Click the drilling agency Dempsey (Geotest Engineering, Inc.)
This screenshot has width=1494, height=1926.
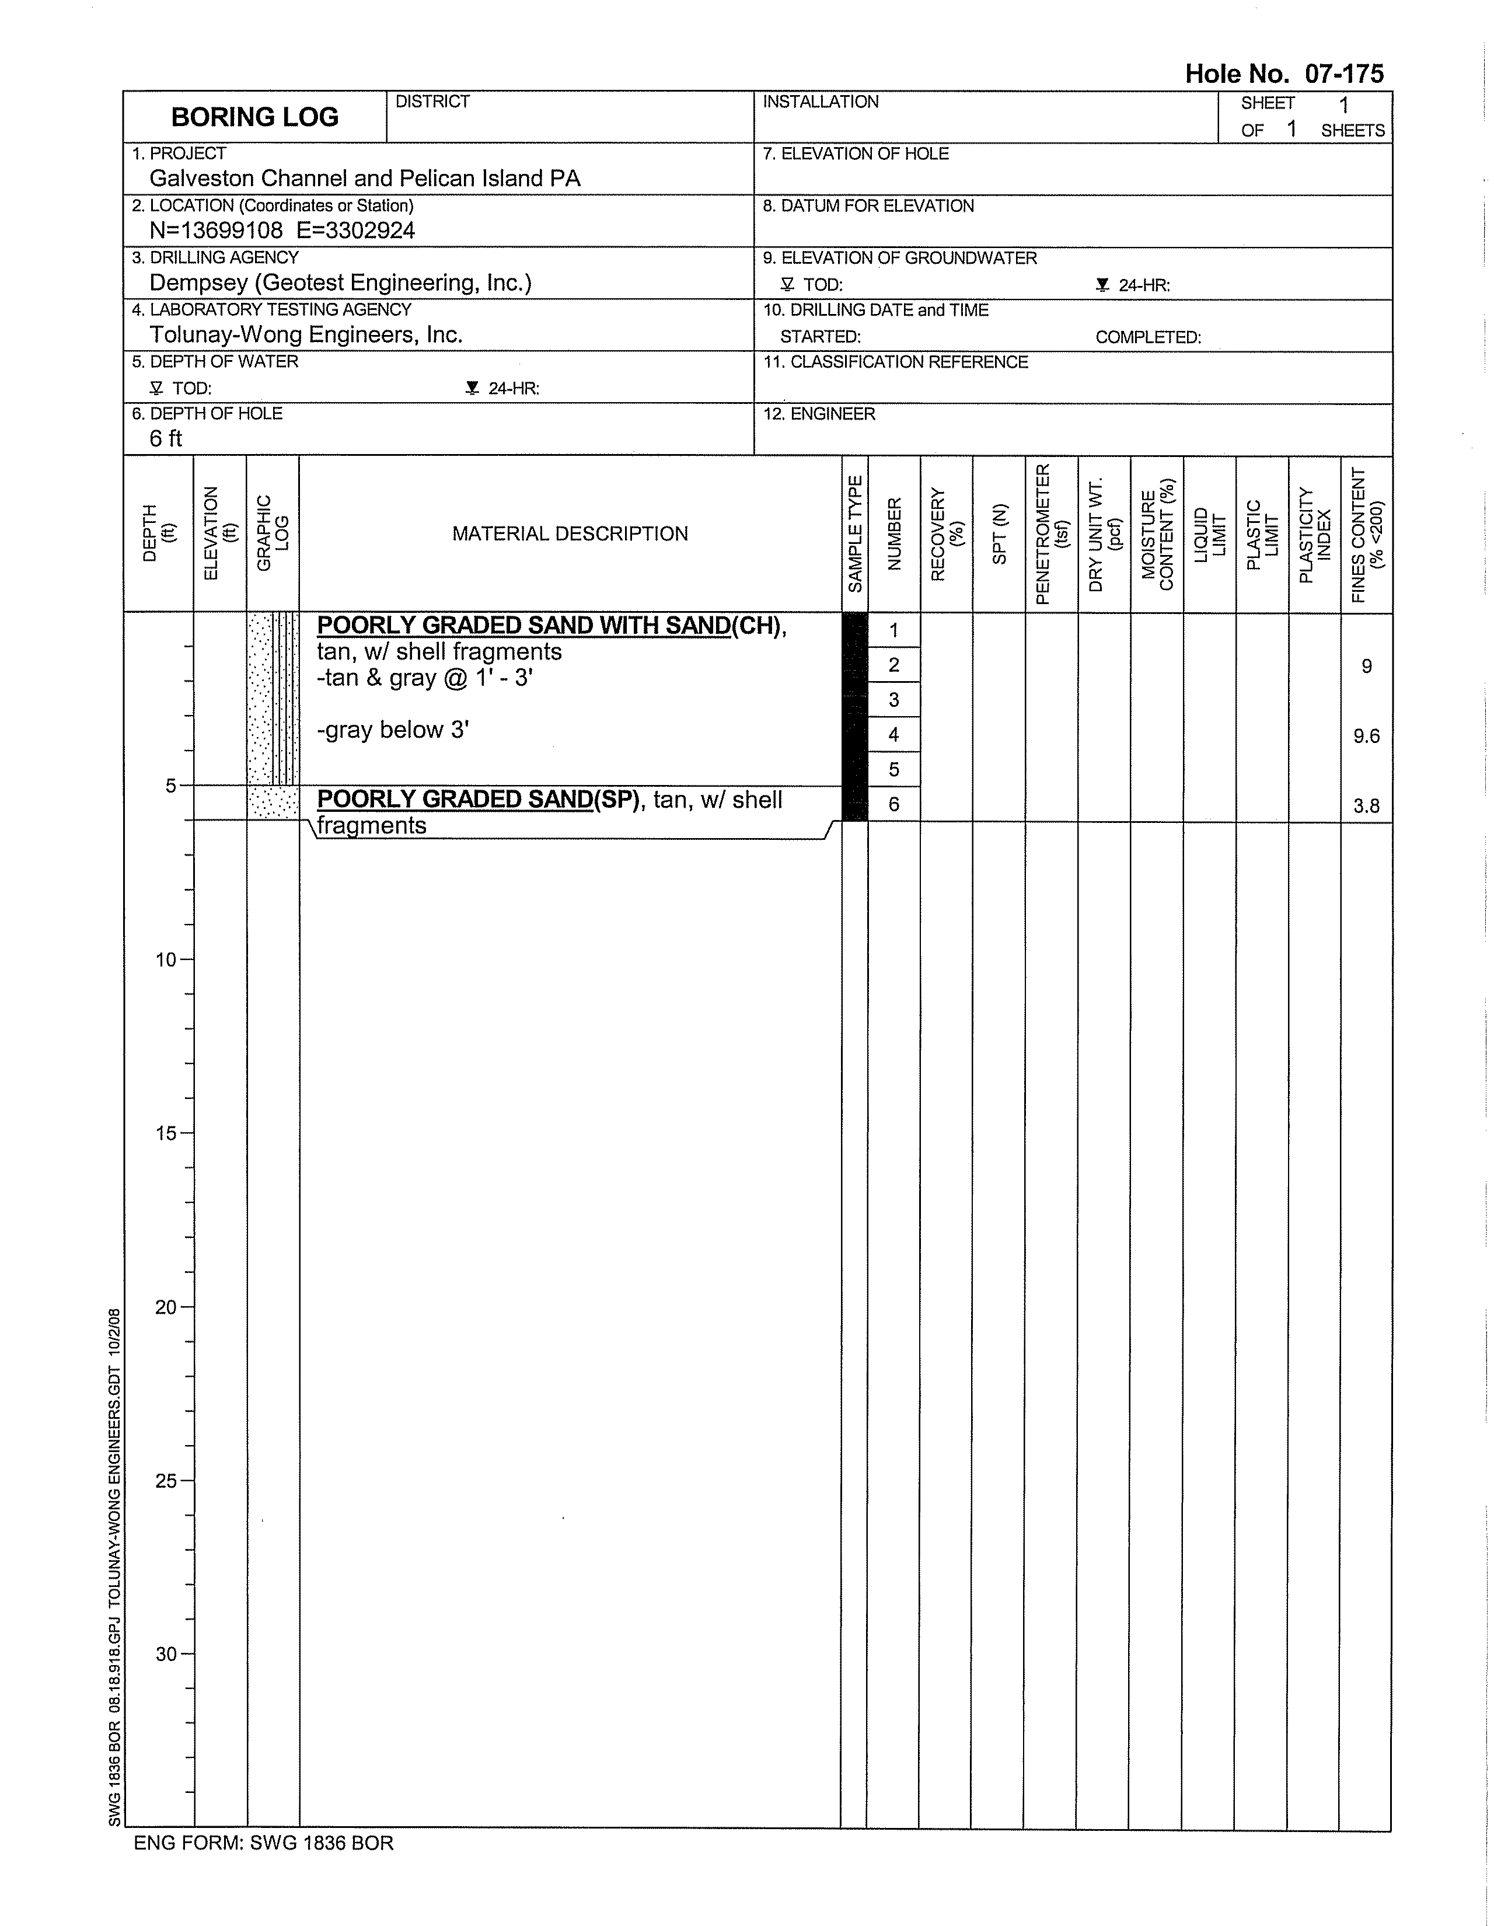coord(340,283)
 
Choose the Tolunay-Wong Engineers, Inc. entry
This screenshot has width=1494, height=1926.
coord(305,335)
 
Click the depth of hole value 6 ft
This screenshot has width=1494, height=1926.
coord(165,439)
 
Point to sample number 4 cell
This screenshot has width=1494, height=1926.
coord(893,735)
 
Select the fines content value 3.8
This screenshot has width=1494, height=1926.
coord(1366,806)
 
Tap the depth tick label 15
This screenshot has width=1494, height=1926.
coord(166,1134)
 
